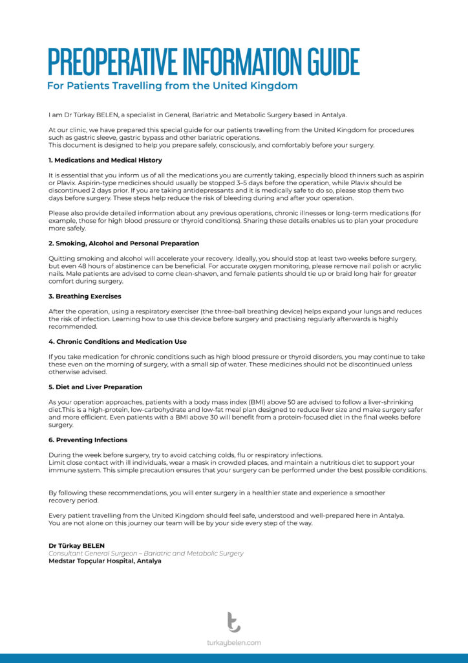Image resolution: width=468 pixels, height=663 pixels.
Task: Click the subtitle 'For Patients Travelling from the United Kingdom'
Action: pos(173,86)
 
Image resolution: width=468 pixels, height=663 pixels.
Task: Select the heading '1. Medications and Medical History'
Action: pos(105,160)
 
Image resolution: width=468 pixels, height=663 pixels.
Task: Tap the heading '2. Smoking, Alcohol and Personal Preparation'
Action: pos(123,243)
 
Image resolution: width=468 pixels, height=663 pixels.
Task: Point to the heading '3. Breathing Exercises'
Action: pos(85,297)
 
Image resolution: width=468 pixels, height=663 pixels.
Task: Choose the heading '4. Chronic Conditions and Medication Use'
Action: pos(118,341)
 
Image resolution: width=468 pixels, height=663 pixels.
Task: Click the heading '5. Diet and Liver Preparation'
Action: pos(96,387)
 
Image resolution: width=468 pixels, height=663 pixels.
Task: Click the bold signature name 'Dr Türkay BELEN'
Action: pos(76,546)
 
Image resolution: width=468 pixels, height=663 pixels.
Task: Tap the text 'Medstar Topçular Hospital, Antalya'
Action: pos(105,561)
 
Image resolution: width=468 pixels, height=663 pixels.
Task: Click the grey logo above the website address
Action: pos(233,622)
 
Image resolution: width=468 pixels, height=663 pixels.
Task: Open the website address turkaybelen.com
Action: pos(234,643)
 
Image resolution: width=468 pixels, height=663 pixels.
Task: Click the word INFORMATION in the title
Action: pos(229,62)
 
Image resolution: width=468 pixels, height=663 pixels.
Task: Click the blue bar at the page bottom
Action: pos(234,658)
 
